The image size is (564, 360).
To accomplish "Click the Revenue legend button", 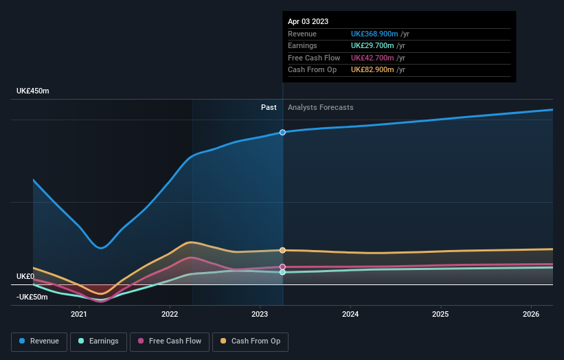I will click(x=39, y=341).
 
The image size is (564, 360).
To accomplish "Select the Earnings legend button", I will click(x=98, y=341).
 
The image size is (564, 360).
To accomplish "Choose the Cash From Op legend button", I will click(x=250, y=341).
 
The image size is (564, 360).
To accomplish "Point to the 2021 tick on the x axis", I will click(x=79, y=315).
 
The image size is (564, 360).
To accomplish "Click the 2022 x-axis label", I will click(x=170, y=315).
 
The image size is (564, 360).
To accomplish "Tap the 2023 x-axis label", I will click(x=260, y=315).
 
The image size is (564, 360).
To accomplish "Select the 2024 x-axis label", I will click(x=350, y=315).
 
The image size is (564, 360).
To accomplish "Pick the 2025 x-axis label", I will click(x=440, y=315).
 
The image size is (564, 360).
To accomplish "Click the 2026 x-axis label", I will click(x=531, y=315).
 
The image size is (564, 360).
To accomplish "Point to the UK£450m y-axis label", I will click(x=33, y=91).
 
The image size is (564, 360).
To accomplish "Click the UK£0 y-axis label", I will click(x=25, y=276).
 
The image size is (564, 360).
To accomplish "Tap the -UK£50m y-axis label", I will click(x=33, y=297).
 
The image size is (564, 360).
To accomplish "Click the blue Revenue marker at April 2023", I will click(x=282, y=132).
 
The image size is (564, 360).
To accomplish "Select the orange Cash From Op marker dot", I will click(x=282, y=250).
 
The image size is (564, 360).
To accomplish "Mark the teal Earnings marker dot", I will click(x=282, y=272).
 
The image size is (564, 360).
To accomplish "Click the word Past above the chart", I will click(x=269, y=107).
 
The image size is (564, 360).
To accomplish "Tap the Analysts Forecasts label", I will click(x=321, y=107).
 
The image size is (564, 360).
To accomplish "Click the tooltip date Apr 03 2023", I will click(x=308, y=21).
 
